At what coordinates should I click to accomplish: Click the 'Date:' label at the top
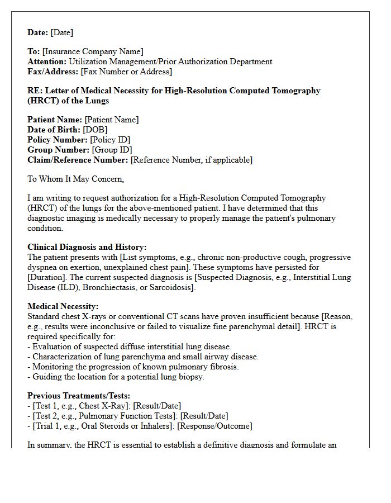[x=38, y=32]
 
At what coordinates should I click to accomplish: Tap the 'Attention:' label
[x=47, y=61]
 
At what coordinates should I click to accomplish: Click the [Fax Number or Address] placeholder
[x=126, y=72]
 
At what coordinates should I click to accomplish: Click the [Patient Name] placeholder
[x=111, y=120]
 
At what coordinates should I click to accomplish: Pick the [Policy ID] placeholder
[x=110, y=140]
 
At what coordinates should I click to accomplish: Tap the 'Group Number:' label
[x=58, y=150]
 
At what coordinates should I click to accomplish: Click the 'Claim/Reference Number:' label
[x=78, y=160]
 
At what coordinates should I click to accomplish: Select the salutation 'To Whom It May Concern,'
[x=76, y=179]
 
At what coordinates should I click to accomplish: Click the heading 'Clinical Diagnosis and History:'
[x=87, y=247]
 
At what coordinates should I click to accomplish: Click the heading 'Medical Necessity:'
[x=63, y=306]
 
